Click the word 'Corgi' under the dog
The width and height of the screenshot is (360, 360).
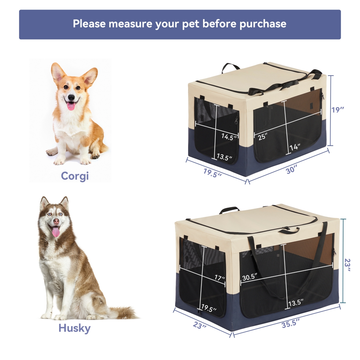(75, 176)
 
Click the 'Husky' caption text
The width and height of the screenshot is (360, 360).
(74, 328)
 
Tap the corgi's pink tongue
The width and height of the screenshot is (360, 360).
(71, 106)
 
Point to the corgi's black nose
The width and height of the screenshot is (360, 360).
(71, 97)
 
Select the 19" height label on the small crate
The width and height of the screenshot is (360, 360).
(337, 110)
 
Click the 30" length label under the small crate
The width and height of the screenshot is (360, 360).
(291, 170)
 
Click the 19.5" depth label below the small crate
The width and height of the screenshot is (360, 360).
(212, 173)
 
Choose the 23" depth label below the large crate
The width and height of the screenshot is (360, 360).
(199, 325)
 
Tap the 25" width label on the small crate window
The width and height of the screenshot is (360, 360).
(262, 137)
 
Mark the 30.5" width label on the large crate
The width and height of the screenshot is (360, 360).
(250, 277)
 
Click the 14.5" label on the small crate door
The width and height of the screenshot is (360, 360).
(229, 137)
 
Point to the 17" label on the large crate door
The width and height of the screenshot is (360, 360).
(220, 278)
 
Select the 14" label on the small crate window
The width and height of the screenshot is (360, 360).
(295, 147)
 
